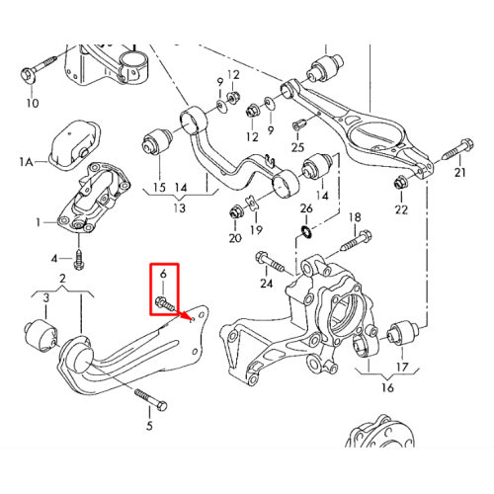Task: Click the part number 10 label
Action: (x=33, y=103)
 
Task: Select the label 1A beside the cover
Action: (x=27, y=162)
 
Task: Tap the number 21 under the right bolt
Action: (x=459, y=172)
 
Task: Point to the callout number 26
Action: (x=306, y=208)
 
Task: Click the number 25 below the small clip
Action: (x=297, y=147)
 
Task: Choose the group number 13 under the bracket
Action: (x=180, y=208)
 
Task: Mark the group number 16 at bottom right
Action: (x=387, y=387)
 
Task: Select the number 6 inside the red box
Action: (x=163, y=274)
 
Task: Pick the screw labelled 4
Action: (x=79, y=260)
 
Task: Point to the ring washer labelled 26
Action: (x=306, y=232)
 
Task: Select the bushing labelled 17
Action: (x=401, y=333)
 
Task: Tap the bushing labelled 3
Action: (x=41, y=334)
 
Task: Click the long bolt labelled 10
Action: (x=38, y=69)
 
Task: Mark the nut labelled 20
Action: (x=236, y=211)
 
